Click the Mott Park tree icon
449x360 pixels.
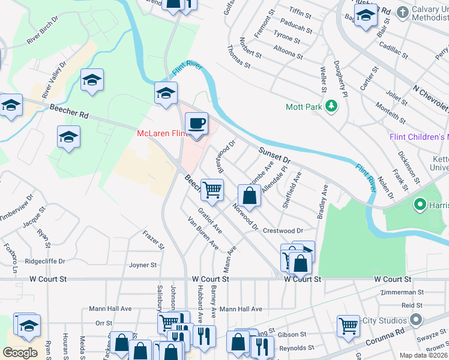[x=330, y=107]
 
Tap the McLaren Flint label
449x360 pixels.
[x=160, y=133]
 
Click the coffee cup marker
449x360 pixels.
[x=196, y=124]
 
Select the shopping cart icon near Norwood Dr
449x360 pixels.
[x=212, y=190]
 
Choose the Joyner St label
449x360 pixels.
[x=143, y=265]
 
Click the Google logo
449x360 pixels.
[x=20, y=353]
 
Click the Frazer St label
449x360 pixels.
[x=153, y=238]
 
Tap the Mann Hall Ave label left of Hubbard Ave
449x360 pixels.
[x=110, y=309]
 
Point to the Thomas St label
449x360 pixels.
[x=239, y=56]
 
